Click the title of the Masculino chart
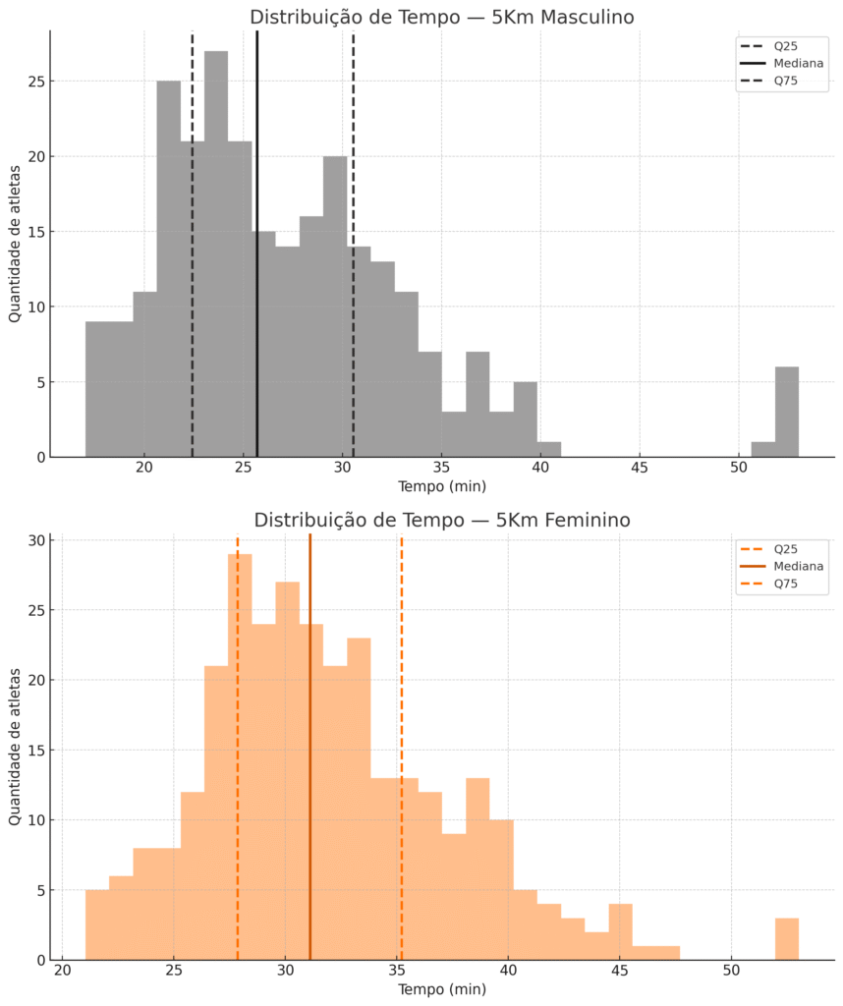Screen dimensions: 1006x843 click(441, 17)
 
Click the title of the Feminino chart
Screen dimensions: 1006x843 click(441, 520)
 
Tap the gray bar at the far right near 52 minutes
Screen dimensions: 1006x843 click(786, 412)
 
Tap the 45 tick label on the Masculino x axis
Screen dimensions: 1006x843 click(640, 468)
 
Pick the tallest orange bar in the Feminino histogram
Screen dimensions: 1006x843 click(240, 756)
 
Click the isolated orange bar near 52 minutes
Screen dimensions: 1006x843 click(786, 939)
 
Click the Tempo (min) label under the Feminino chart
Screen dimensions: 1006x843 click(441, 989)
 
